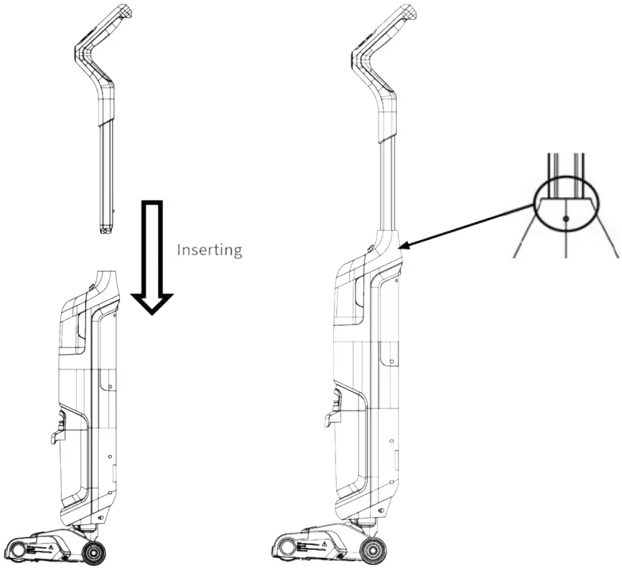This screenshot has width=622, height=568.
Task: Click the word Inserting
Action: coord(209,249)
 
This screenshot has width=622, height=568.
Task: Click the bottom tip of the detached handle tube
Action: coord(106,230)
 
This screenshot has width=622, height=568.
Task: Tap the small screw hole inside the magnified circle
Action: coord(566,218)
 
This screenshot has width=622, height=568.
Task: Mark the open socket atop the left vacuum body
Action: coord(108,274)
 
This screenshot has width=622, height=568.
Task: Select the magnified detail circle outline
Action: coord(535,203)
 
